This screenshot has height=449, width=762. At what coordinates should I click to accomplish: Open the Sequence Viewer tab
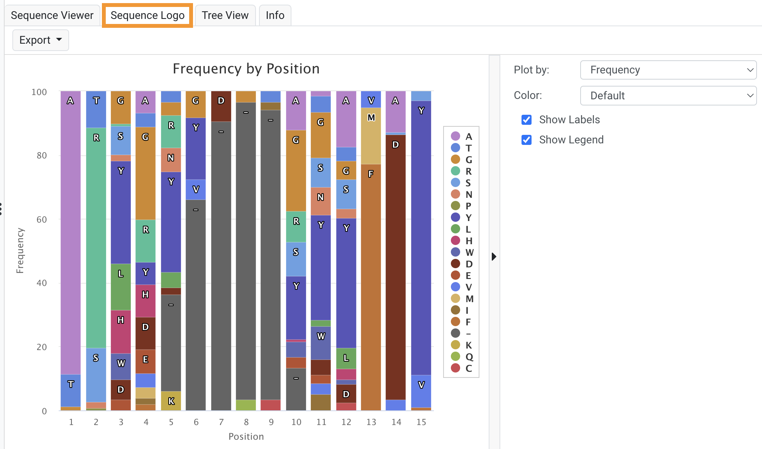[x=52, y=15]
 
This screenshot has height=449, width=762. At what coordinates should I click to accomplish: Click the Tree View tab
[x=225, y=15]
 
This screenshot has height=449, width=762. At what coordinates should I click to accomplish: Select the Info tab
[x=275, y=15]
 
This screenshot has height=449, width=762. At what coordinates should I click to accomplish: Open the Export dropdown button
[x=41, y=40]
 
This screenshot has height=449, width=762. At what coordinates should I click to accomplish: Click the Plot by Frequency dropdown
[x=668, y=70]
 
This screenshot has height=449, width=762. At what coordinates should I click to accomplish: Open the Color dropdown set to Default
[x=668, y=95]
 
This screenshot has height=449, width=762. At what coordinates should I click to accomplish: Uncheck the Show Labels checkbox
[x=527, y=120]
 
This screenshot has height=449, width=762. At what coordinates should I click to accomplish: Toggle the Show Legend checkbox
[x=527, y=140]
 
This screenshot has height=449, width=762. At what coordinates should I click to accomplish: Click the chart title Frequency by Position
[x=246, y=69]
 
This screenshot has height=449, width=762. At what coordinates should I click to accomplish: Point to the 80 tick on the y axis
[x=41, y=156]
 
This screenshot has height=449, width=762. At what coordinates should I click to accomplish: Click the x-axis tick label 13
[x=371, y=422]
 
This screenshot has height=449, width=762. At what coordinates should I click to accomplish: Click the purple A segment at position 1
[x=71, y=232]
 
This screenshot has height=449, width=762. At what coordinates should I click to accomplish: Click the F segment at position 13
[x=371, y=286]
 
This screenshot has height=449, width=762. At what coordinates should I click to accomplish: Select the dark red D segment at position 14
[x=396, y=267]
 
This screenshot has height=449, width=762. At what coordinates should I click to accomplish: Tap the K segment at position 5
[x=171, y=401]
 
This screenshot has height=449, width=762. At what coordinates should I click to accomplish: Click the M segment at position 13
[x=371, y=135]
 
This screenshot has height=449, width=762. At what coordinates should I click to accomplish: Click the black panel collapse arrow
[x=494, y=257]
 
